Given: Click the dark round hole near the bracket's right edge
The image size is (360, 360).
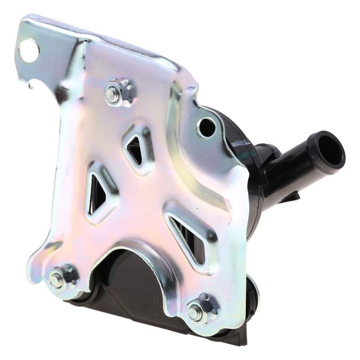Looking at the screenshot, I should [x=207, y=127].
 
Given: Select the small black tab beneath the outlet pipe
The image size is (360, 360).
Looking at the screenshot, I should [x=292, y=196].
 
